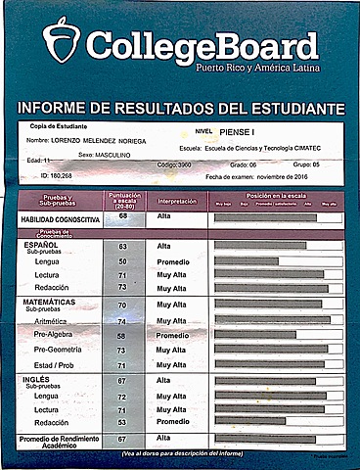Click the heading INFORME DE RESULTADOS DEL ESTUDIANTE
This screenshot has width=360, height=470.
[181, 106]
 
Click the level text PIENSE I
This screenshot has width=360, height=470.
[241, 129]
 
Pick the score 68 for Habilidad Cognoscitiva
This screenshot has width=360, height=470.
[123, 218]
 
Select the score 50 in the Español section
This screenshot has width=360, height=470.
[123, 261]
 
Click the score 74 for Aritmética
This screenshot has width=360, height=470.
[123, 320]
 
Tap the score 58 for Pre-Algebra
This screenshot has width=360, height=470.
[123, 335]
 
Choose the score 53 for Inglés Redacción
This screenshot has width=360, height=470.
[123, 422]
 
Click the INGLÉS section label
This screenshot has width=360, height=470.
[40, 378]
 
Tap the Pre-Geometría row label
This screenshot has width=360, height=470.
[58, 350]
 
